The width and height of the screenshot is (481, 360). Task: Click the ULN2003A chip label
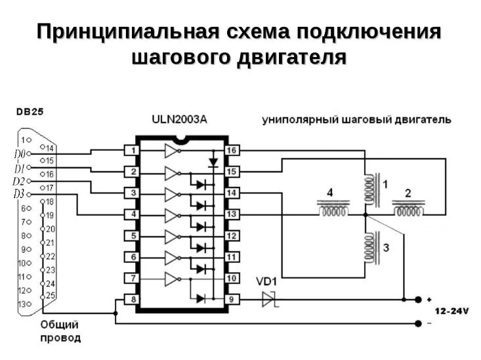pos(179,120)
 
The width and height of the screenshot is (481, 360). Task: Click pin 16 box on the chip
pos(232,151)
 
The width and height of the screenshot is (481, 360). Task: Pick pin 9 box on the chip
pos(232,299)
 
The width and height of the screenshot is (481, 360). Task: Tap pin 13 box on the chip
pos(232,214)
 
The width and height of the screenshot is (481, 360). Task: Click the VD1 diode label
pos(267,282)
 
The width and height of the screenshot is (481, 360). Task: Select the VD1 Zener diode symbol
pos(268,299)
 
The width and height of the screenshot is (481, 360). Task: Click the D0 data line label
pos(18,154)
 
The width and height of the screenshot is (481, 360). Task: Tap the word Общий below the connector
pos(60,325)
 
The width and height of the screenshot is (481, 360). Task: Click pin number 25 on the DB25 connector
pos(51,296)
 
